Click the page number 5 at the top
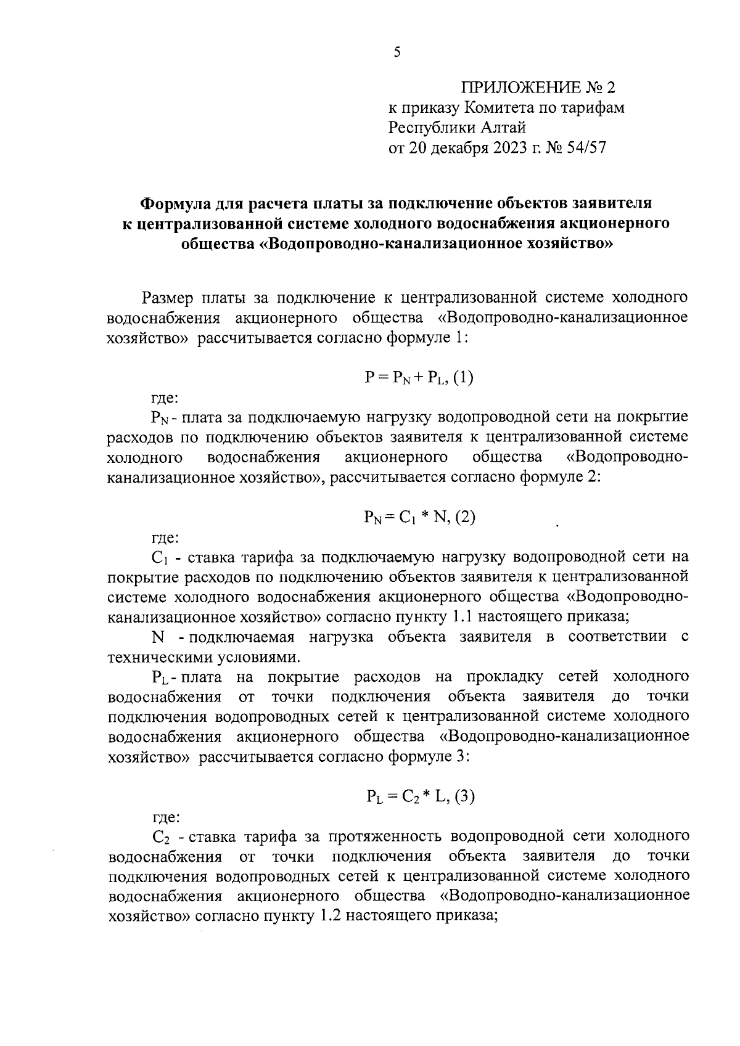[x=397, y=53]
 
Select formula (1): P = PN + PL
[x=419, y=378]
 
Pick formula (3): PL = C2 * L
[x=419, y=797]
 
